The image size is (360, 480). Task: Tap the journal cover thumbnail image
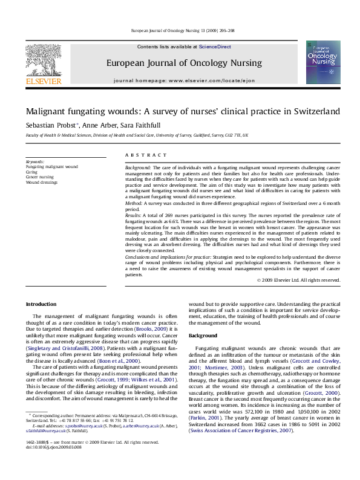pos(322,62)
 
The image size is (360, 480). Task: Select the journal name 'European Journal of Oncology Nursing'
pos(184,63)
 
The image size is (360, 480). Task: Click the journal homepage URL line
pos(184,80)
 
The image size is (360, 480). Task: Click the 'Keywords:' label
pos(35,162)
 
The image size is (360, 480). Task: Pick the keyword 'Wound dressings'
pos(42,181)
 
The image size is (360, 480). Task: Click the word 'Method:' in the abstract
pos(134,204)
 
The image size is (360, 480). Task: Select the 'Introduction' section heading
pos(41,303)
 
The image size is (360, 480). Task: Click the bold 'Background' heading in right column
pos(203,336)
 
